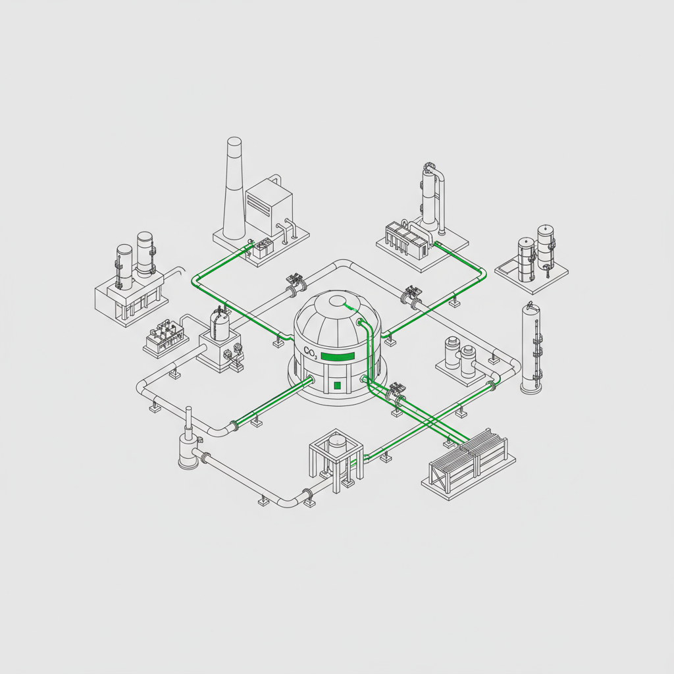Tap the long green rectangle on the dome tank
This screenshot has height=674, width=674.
pyautogui.click(x=338, y=356)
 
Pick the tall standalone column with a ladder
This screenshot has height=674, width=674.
pyautogui.click(x=532, y=348)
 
